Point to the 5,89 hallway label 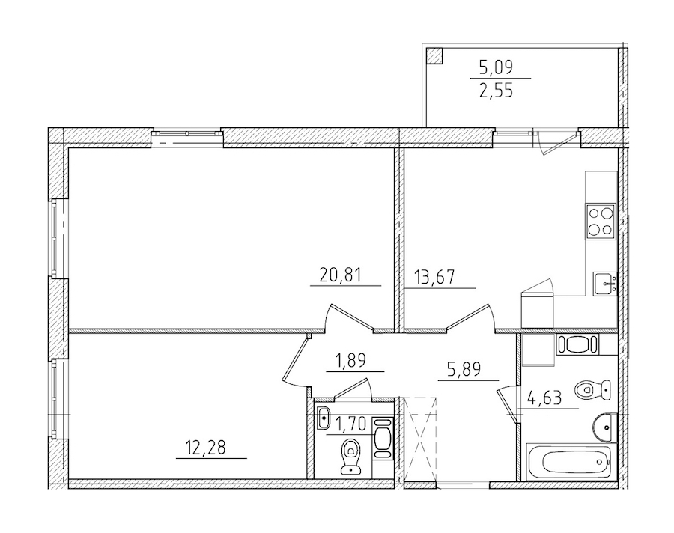(x=461, y=369)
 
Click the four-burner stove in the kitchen (x=601, y=220)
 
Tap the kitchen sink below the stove (x=605, y=284)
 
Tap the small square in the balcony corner (x=434, y=55)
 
